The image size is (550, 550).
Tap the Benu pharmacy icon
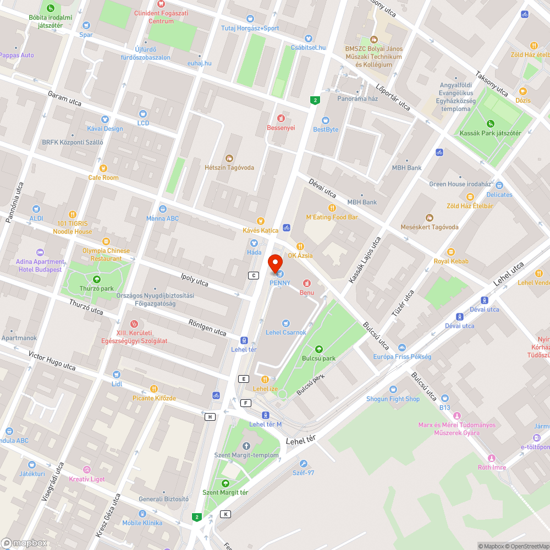tap(306, 283)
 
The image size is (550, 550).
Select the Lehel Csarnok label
tap(285, 332)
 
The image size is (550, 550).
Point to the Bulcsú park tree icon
tap(318, 349)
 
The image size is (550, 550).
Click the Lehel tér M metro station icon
tap(266, 415)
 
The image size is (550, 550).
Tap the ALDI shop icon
tap(36, 209)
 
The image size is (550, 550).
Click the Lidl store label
tap(117, 383)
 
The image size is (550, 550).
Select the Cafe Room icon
tap(103, 168)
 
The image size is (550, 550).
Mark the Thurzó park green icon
tap(97, 279)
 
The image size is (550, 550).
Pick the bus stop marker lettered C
tap(254, 276)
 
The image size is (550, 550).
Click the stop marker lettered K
tap(225, 514)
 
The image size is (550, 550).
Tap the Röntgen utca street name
tap(207, 328)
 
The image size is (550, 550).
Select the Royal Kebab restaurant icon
tap(451, 252)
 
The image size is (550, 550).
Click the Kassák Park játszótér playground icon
tap(491, 124)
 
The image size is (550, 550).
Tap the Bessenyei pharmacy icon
tap(281, 118)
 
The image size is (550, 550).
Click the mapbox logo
tap(24, 542)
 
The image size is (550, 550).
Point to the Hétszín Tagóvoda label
tap(229, 167)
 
